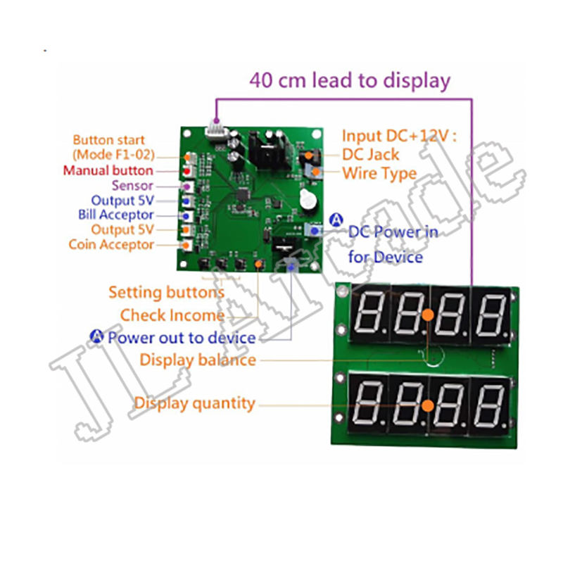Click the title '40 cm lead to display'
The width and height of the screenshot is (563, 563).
[x=350, y=80]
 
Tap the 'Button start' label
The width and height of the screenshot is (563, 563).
[x=108, y=140]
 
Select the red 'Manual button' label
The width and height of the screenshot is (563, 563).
[x=108, y=170]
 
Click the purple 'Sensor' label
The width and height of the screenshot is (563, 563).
[x=132, y=186]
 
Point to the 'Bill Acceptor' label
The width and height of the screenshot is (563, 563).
[x=116, y=215]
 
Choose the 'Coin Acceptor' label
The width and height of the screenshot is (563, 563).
[x=111, y=245]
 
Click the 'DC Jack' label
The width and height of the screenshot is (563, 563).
[x=370, y=155]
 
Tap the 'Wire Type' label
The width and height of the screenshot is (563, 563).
[x=379, y=173]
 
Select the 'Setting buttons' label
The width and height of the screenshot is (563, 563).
[x=166, y=292]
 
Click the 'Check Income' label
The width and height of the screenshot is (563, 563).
[x=172, y=315]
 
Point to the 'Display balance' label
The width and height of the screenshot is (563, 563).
[x=197, y=360]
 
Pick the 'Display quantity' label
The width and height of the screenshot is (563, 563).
[x=194, y=404]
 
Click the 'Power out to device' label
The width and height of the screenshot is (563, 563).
[x=181, y=338]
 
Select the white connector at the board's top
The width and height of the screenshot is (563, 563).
[x=214, y=131]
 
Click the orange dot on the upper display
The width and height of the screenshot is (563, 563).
[x=427, y=317]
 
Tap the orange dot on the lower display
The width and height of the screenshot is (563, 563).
[x=426, y=406]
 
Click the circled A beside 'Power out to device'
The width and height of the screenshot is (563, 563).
[x=97, y=336]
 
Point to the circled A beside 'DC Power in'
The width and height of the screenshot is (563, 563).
[x=336, y=219]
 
